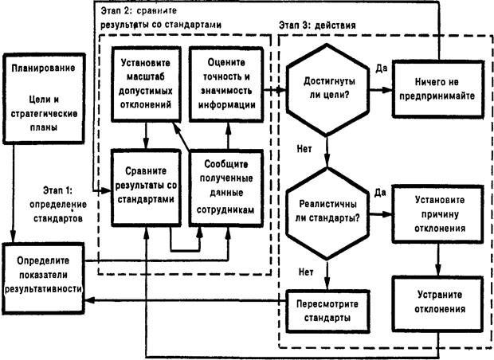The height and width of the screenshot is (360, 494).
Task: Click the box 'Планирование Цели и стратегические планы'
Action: click(x=43, y=100)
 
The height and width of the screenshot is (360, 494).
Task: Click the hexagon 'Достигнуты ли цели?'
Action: click(x=327, y=88)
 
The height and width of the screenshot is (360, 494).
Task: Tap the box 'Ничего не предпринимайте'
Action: click(x=439, y=88)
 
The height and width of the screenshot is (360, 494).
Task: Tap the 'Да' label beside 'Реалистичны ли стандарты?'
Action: click(x=380, y=192)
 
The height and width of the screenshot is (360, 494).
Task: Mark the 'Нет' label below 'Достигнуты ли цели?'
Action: click(x=304, y=148)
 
